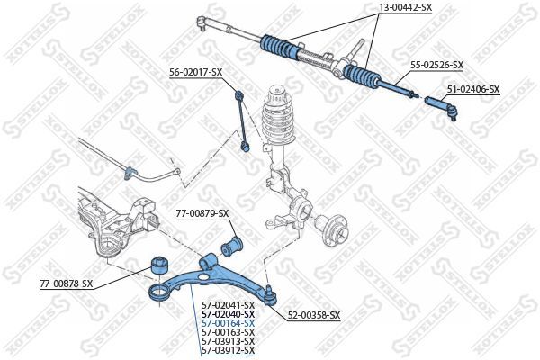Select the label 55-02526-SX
point(436,65)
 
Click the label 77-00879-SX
point(202,213)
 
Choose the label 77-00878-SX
point(67,283)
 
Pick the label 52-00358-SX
point(313,315)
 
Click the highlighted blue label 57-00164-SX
point(229,323)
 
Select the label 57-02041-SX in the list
point(229,305)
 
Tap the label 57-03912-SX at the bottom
point(229,350)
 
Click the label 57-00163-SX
point(229,332)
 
